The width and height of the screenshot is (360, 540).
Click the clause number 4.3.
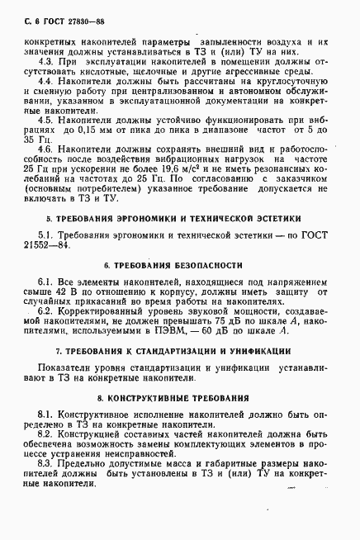click(x=47, y=62)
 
